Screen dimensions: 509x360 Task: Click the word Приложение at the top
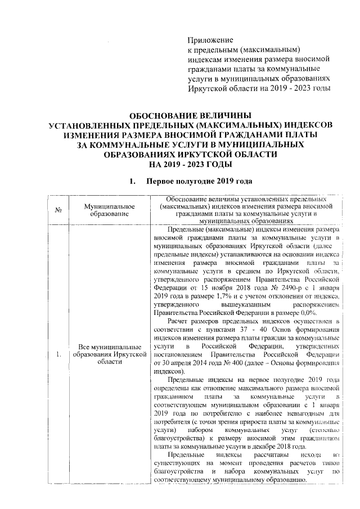click(210, 40)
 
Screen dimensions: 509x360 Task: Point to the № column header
click(58, 210)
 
